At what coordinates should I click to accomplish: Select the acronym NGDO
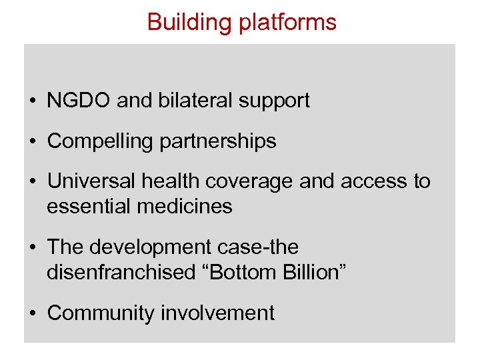click(79, 101)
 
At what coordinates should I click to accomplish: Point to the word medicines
click(185, 207)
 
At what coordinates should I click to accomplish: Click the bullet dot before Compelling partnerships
click(33, 142)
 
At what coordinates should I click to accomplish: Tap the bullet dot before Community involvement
click(33, 313)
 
